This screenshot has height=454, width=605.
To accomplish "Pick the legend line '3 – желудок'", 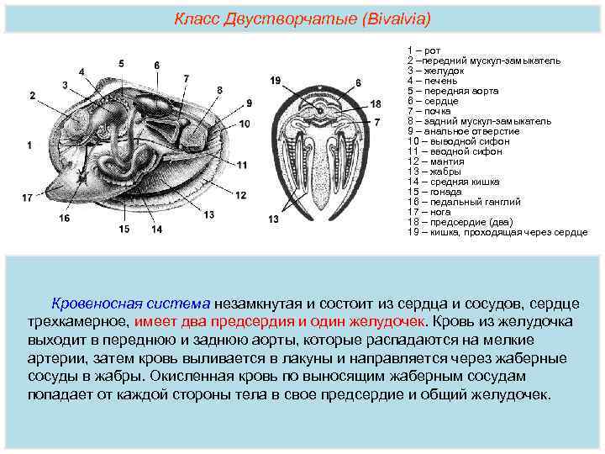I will [x=433, y=71].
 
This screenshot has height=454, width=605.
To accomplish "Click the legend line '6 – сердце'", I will [x=432, y=101].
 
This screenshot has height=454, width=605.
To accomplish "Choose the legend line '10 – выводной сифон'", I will [x=458, y=141].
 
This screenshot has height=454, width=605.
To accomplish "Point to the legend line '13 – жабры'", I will [x=434, y=172].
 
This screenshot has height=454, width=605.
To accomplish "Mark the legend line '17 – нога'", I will [x=429, y=212].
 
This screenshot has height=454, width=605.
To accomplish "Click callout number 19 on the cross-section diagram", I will [x=276, y=80].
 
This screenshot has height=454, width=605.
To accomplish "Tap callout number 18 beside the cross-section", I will [x=375, y=103].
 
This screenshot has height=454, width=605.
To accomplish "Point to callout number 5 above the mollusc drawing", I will [x=122, y=63].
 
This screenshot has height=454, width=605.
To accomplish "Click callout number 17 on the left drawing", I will [x=28, y=198].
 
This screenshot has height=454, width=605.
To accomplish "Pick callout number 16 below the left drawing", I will [x=64, y=219].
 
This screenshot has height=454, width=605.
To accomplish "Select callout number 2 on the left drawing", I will [x=32, y=96].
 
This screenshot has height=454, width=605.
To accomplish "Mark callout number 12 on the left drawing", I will [x=241, y=195].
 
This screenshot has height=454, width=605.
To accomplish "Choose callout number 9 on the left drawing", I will [x=249, y=103].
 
